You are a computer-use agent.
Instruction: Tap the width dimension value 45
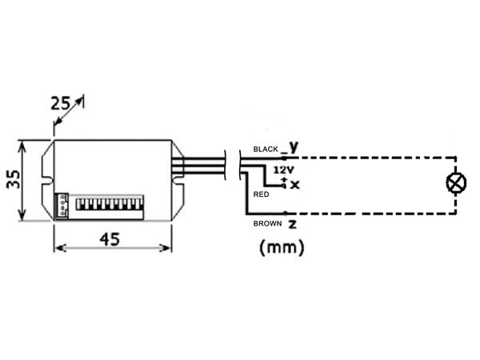(x=111, y=238)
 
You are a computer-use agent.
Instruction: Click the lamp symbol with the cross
(x=456, y=184)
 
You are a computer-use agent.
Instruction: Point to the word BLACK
(x=266, y=150)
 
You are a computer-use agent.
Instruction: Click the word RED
(x=260, y=194)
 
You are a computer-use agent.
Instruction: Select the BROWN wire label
(x=267, y=224)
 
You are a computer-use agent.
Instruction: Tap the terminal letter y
(x=294, y=146)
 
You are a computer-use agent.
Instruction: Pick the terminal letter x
(x=294, y=185)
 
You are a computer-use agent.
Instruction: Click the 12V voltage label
(x=284, y=170)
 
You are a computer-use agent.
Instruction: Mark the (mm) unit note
(x=282, y=248)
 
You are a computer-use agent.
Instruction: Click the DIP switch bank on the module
(x=109, y=205)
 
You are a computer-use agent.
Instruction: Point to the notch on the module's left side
(x=49, y=182)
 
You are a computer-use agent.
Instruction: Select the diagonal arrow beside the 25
(x=70, y=110)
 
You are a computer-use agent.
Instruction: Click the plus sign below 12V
(x=284, y=178)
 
